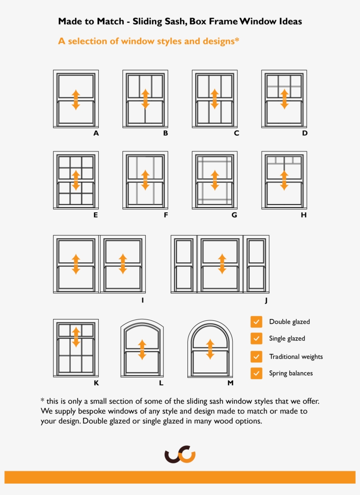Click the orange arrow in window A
pos(76,100)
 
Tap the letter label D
pos(304,133)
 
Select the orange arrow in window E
pos(76,180)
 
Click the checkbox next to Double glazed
pos(256,322)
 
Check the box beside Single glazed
pos(256,338)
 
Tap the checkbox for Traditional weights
pos(256,356)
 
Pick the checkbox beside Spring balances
pos(256,373)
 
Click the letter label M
pos(230,383)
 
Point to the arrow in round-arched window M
pos(210,349)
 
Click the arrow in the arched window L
pos(141,350)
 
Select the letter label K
pos(96,383)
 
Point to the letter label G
pos(234,215)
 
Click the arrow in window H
pos(284,180)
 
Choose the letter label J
pos(266,301)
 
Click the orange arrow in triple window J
pos(222,264)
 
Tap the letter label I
pos(142,301)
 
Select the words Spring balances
pos(291,373)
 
